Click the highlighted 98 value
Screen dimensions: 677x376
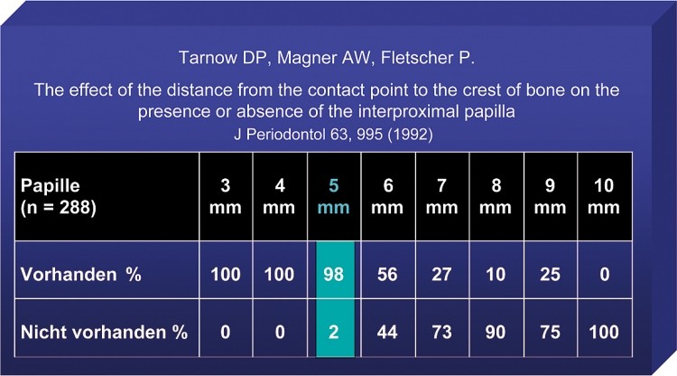pyautogui.click(x=333, y=275)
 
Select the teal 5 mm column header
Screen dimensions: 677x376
pyautogui.click(x=333, y=197)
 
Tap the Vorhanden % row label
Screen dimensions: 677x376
pyautogui.click(x=80, y=275)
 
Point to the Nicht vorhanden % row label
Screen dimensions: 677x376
pyautogui.click(x=104, y=332)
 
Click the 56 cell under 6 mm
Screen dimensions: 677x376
pyautogui.click(x=387, y=275)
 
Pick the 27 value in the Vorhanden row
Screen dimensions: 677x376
pyautogui.click(x=441, y=275)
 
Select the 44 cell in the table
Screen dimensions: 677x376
pyautogui.click(x=387, y=332)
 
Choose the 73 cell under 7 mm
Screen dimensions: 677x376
pyautogui.click(x=441, y=332)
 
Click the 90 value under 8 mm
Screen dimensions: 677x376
pyautogui.click(x=496, y=332)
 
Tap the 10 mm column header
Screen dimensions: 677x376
pyautogui.click(x=604, y=197)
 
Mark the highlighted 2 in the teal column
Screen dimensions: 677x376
pyautogui.click(x=333, y=332)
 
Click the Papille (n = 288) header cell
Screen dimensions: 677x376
pyautogui.click(x=59, y=197)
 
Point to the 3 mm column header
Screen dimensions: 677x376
pyautogui.click(x=226, y=197)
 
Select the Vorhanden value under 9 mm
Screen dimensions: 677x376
pyautogui.click(x=550, y=275)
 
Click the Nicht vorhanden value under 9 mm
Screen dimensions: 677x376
pyautogui.click(x=550, y=332)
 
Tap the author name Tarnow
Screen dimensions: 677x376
pyautogui.click(x=209, y=58)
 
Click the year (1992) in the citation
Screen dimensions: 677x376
pyautogui.click(x=410, y=134)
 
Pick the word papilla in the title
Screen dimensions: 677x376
pyautogui.click(x=489, y=112)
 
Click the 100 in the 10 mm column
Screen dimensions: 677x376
pyautogui.click(x=604, y=332)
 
